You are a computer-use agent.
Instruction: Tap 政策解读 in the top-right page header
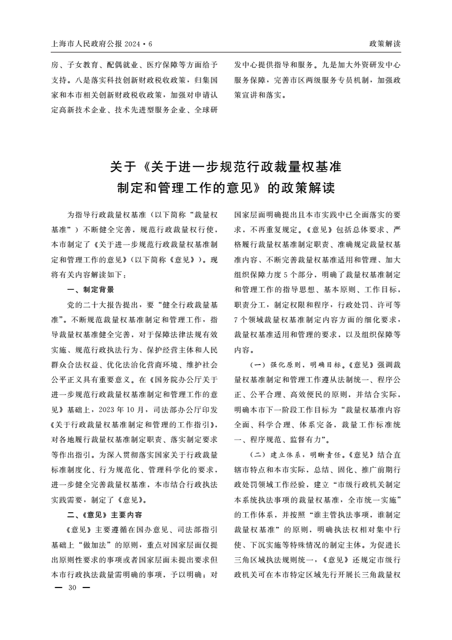385,44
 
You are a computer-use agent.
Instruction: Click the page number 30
72,588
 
